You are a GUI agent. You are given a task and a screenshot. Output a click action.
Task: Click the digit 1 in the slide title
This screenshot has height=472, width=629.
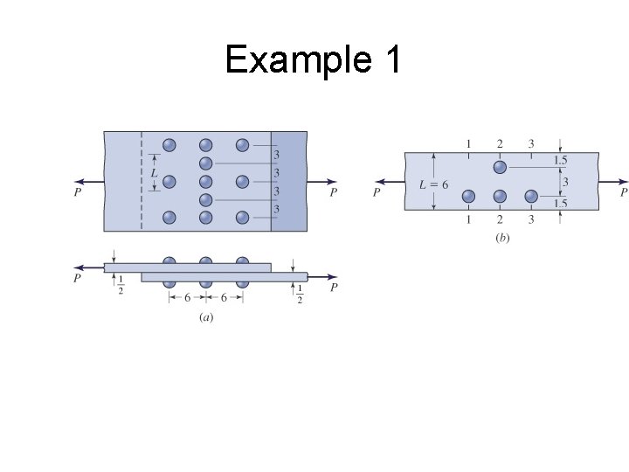point(391,60)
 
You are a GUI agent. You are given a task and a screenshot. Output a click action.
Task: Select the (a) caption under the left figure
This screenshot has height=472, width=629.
point(205,317)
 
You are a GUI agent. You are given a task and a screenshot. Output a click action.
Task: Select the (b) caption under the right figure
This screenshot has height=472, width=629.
point(502,237)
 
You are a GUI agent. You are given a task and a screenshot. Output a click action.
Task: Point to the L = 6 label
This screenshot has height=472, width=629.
point(434,184)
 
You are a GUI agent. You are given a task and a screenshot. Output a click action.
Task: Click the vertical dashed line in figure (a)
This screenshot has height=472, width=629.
point(141,181)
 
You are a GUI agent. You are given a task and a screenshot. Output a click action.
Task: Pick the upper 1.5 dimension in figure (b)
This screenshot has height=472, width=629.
point(561,161)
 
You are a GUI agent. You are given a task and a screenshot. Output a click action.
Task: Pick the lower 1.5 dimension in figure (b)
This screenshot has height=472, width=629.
point(561,203)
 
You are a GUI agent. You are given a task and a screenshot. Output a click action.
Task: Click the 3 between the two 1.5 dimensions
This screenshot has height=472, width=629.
point(564,182)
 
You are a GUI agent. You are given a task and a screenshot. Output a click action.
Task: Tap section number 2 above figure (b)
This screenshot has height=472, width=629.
point(500,143)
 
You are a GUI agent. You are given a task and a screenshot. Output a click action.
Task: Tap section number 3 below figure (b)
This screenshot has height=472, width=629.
point(531,219)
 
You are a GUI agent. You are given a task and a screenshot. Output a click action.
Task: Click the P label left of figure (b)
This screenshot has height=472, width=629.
point(377,192)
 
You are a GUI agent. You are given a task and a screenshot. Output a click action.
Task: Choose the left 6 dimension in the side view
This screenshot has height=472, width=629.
point(187,297)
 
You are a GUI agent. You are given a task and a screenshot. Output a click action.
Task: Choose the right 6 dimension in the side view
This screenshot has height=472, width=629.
point(224,297)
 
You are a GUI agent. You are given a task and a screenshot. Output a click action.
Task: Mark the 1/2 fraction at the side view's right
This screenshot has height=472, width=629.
point(300,294)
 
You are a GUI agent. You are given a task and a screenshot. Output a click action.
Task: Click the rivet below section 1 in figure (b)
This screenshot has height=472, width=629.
point(468,196)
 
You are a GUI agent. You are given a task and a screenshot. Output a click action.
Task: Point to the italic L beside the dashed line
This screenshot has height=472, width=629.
point(155,174)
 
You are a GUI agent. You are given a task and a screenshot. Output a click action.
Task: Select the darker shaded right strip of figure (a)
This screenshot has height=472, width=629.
point(289,181)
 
